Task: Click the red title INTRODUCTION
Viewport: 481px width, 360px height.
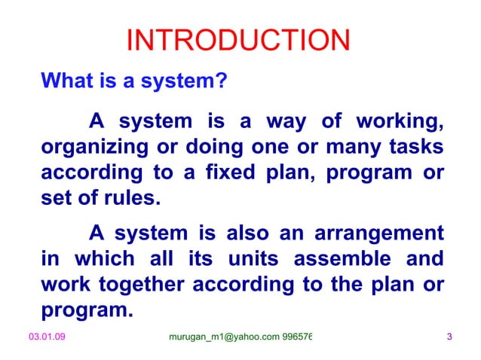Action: (x=237, y=41)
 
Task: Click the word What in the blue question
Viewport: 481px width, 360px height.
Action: (x=66, y=80)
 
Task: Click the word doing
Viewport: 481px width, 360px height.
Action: (x=220, y=147)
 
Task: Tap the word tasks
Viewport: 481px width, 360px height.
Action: (x=414, y=147)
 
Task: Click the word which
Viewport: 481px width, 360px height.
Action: (x=98, y=259)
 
